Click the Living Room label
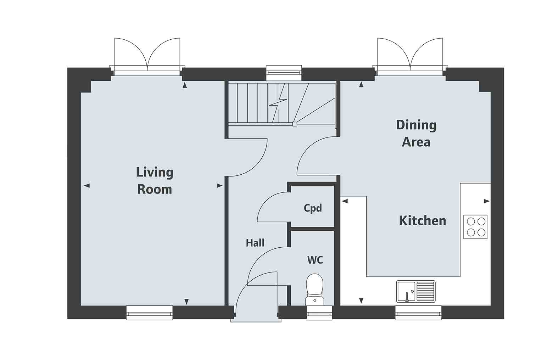click(155, 181)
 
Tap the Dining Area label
click(416, 134)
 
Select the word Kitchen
click(423, 221)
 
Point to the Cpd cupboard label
click(313, 208)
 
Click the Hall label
click(255, 243)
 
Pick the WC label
click(315, 260)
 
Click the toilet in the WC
click(315, 290)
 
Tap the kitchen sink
click(416, 291)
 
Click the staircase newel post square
click(295, 124)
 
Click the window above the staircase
click(284, 73)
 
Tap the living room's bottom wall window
click(149, 313)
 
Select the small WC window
click(319, 313)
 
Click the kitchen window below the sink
click(418, 313)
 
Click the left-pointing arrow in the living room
click(86, 186)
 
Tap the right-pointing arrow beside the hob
click(487, 201)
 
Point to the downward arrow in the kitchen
click(361, 300)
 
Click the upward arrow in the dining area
click(361, 85)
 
